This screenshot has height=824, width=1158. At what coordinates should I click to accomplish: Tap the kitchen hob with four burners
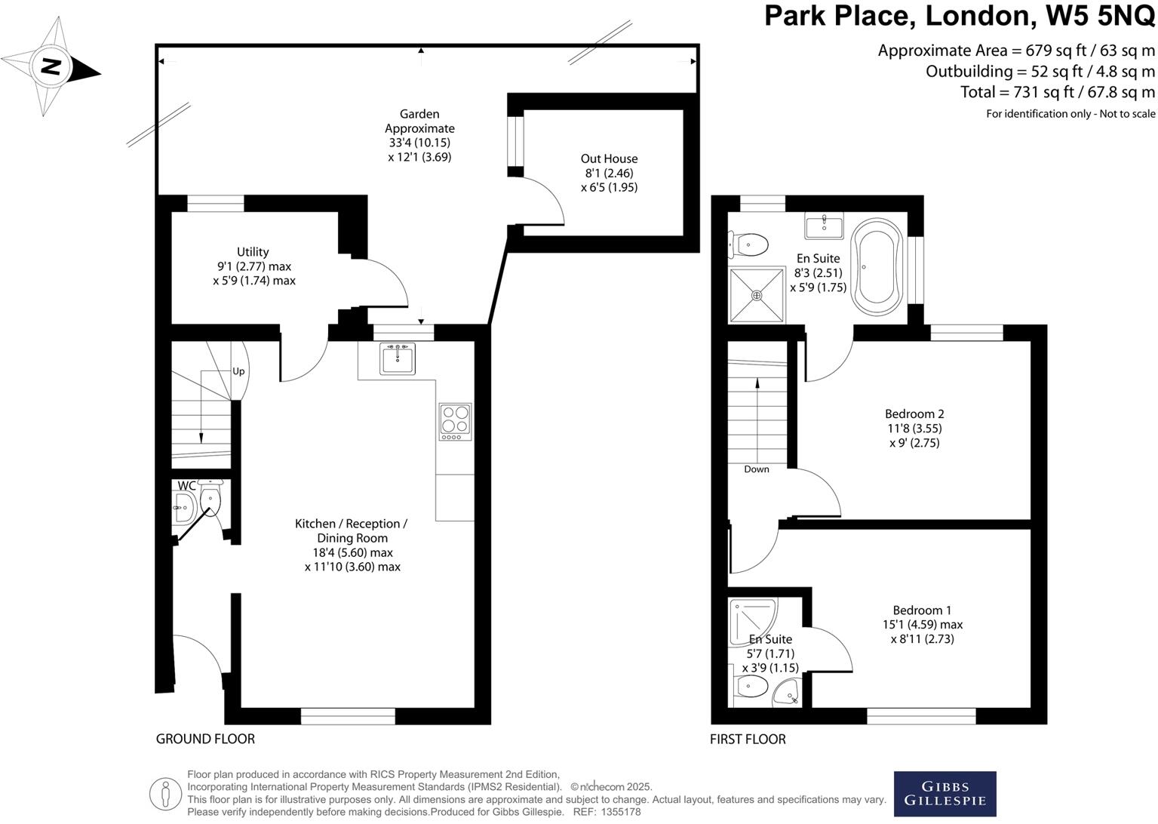point(456,422)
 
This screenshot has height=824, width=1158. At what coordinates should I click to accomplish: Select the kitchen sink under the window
point(398,358)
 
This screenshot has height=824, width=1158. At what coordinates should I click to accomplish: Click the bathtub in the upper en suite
point(876,266)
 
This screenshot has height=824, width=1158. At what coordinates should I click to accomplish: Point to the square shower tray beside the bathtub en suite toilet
point(757,295)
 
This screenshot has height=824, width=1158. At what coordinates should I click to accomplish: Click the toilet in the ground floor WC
point(210,500)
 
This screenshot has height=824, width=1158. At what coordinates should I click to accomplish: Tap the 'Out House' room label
point(609,158)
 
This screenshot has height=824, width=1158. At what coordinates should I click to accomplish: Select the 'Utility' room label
point(253,252)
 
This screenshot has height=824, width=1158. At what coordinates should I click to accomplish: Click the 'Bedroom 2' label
point(914,414)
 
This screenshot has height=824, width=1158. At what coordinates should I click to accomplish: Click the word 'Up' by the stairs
point(238,371)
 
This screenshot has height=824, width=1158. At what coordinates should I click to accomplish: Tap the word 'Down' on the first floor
point(756,469)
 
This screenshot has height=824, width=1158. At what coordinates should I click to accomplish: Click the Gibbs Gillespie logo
point(945,794)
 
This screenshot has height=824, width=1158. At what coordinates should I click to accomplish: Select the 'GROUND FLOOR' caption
point(205,739)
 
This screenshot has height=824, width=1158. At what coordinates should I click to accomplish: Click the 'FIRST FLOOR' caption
point(748,739)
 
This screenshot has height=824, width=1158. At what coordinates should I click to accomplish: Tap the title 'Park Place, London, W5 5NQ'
point(959,16)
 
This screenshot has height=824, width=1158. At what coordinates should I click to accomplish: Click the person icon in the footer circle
point(165,794)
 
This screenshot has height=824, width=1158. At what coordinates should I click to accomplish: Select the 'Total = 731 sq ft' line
point(1057,92)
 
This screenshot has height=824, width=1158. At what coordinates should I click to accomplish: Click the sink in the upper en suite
point(824,226)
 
